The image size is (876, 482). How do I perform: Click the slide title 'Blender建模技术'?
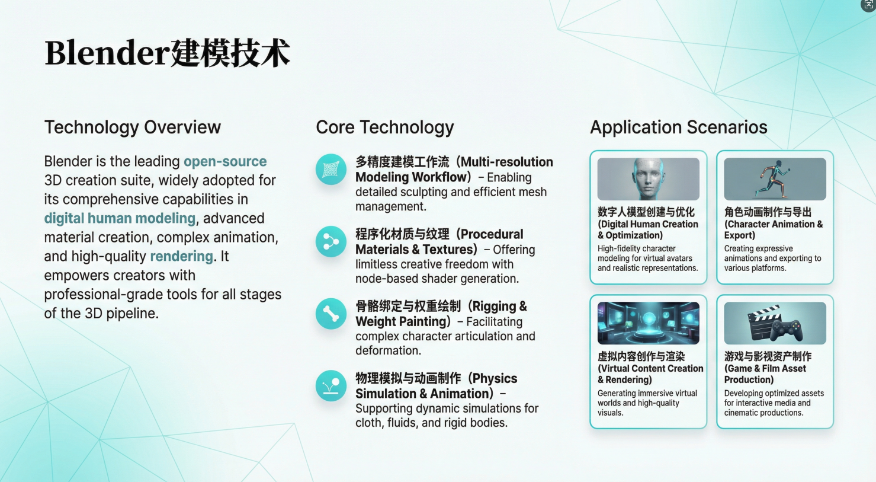tap(167, 53)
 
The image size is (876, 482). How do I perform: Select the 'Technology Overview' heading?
tap(132, 127)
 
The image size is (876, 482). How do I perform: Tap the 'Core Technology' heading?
tap(384, 127)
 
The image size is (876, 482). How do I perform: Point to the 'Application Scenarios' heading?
tap(678, 127)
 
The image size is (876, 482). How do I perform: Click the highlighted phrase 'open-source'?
tap(225, 161)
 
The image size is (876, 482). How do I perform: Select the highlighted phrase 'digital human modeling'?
tap(120, 218)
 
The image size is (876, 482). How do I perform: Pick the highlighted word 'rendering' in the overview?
tap(181, 256)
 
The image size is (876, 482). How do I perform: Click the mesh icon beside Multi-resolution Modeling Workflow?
tap(330, 170)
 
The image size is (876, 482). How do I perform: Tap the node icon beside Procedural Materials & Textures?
tap(330, 241)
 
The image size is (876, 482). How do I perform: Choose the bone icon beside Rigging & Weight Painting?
tap(330, 314)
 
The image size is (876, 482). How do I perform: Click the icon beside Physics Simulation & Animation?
tap(330, 386)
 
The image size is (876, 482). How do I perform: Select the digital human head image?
tap(648, 178)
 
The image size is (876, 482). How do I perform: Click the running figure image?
tap(775, 178)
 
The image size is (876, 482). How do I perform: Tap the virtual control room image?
tap(648, 323)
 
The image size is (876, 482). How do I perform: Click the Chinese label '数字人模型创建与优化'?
tap(646, 212)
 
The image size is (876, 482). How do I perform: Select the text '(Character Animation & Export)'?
tap(773, 229)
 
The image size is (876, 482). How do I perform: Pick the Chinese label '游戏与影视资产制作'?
tap(768, 356)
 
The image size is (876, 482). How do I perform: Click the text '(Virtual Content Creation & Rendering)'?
tap(650, 374)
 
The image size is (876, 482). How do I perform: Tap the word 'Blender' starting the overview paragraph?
tap(68, 161)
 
